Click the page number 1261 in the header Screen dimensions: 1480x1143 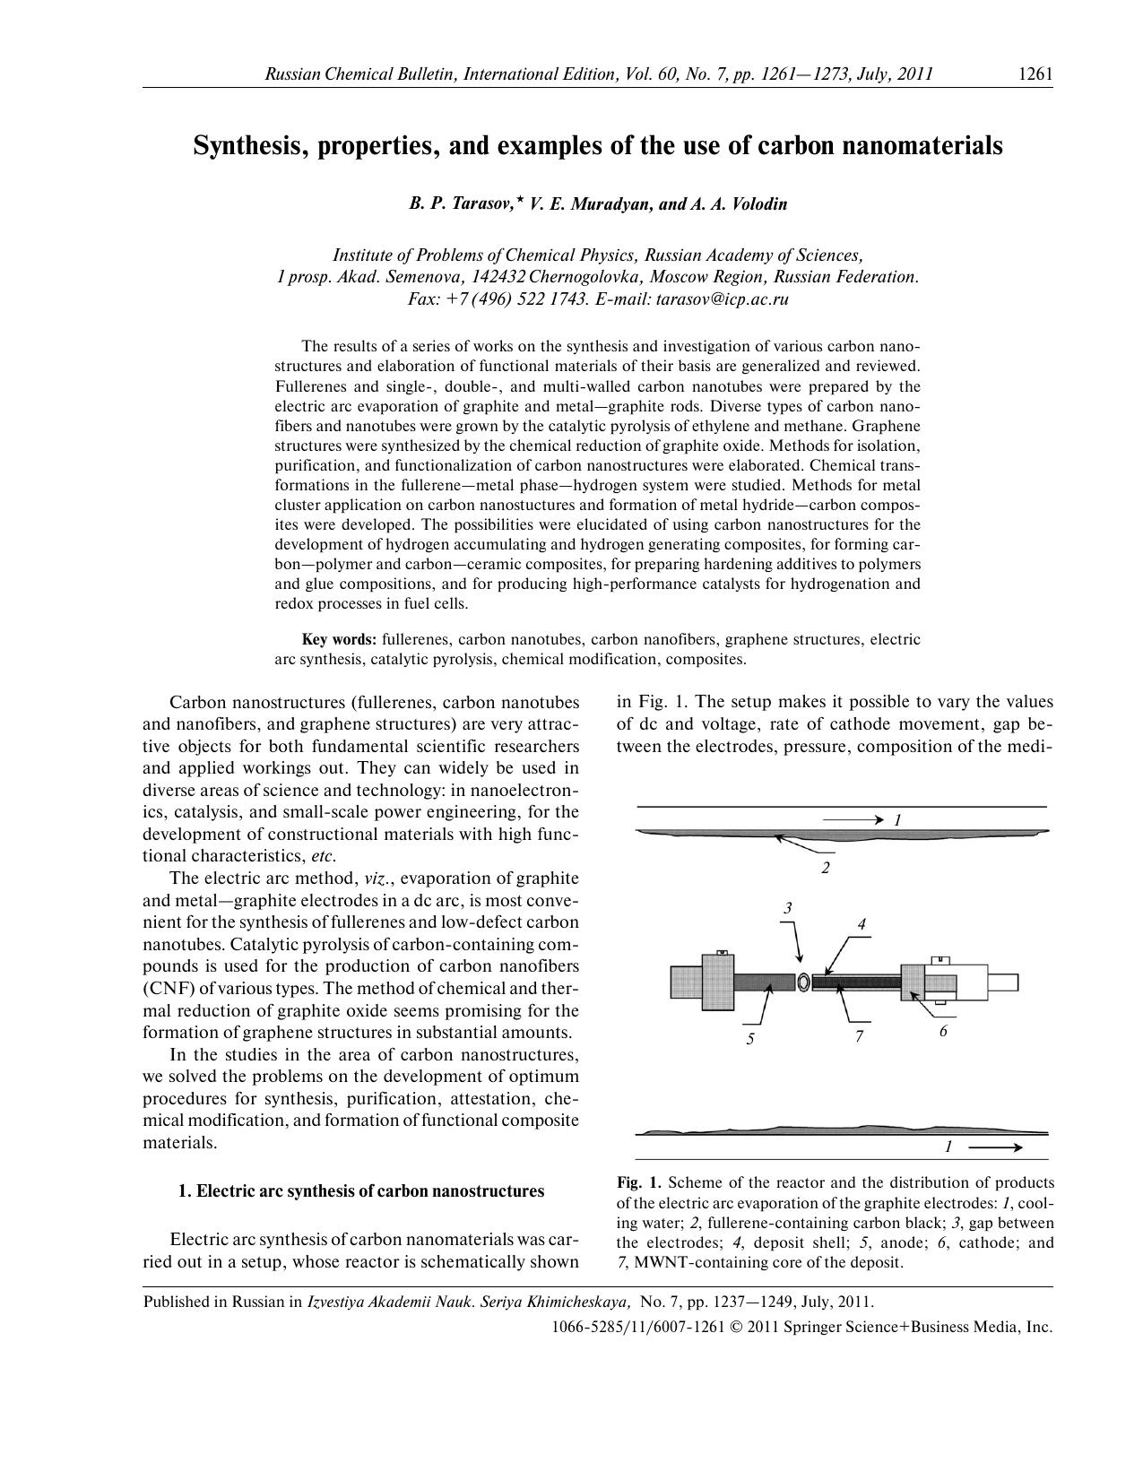point(1035,74)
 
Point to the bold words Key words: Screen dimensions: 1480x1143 point(339,640)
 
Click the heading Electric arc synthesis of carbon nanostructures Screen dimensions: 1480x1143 point(369,1191)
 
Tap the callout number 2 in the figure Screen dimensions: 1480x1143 point(825,868)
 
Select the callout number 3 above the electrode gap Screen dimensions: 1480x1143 point(788,908)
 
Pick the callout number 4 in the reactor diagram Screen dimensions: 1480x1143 point(862,924)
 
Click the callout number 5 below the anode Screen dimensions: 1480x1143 point(749,1039)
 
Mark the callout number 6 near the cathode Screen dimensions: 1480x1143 point(943,1031)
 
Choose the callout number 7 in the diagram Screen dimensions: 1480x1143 point(858,1036)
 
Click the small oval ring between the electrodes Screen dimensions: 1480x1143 point(803,982)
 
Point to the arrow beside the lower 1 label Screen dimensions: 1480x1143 point(995,1147)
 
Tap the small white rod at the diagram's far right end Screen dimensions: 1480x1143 point(1003,982)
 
